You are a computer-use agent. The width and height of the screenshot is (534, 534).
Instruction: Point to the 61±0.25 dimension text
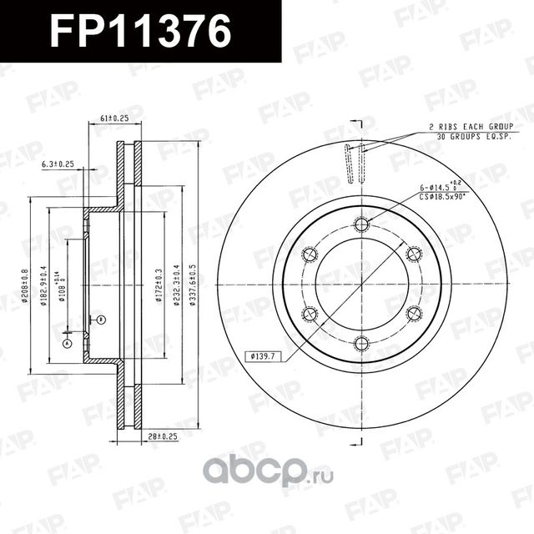click(115, 118)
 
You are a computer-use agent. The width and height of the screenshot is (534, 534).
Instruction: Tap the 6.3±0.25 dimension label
click(58, 164)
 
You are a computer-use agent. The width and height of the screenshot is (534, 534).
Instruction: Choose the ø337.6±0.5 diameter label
click(194, 285)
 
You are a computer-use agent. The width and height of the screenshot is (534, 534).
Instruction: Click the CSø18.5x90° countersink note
click(455, 197)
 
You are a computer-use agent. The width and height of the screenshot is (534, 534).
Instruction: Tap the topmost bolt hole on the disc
click(361, 224)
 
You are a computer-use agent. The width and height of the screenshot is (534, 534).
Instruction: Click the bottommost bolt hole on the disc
click(361, 344)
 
